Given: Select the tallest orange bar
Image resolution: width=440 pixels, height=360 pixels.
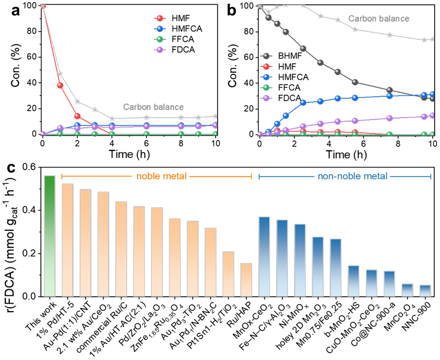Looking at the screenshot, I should [x=68, y=239].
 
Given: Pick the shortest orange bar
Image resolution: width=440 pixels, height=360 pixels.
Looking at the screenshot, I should [x=246, y=279].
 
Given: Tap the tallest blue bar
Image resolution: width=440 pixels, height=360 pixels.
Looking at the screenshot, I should [x=264, y=256].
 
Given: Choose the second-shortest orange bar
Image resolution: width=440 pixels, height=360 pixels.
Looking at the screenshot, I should [x=228, y=273].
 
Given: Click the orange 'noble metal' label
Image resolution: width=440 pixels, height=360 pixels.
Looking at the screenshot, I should [x=162, y=176].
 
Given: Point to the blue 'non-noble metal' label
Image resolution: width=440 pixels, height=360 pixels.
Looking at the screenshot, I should [x=352, y=176].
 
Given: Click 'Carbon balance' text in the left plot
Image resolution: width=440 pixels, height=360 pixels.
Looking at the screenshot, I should [x=153, y=107].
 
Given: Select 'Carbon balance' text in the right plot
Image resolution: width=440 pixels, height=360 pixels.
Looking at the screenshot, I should [x=379, y=19].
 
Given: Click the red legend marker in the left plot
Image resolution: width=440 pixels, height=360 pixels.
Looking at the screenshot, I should [x=159, y=18].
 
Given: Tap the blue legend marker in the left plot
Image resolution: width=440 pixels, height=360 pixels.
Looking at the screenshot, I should [x=159, y=29].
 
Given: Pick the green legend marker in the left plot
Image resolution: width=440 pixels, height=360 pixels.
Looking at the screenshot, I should [x=159, y=39].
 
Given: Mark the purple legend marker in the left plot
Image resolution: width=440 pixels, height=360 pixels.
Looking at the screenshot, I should [x=159, y=50].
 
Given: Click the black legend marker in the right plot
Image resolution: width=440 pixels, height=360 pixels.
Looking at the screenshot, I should [x=266, y=56].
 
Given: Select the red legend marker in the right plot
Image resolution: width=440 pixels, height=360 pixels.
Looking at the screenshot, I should [x=266, y=66].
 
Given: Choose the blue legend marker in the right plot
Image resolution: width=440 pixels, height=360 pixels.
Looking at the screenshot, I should [x=266, y=77].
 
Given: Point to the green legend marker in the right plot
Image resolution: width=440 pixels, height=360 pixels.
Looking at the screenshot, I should [x=266, y=88].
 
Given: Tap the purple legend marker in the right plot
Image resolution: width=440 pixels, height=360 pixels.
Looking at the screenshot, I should [x=266, y=98].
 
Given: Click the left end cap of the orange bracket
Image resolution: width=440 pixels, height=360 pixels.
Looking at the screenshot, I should [x=62, y=176].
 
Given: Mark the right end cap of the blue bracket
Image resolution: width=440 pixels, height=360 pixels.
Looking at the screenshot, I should [x=430, y=176].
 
